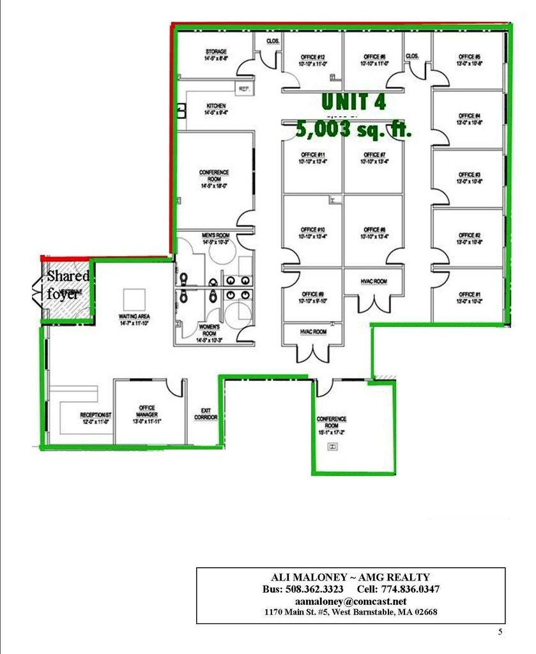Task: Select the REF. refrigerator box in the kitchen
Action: tap(243, 89)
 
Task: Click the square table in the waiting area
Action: tap(134, 298)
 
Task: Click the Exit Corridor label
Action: tap(206, 414)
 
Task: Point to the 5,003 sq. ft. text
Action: tap(353, 130)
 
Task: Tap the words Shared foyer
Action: tap(66, 285)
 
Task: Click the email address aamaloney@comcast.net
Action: tap(350, 602)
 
